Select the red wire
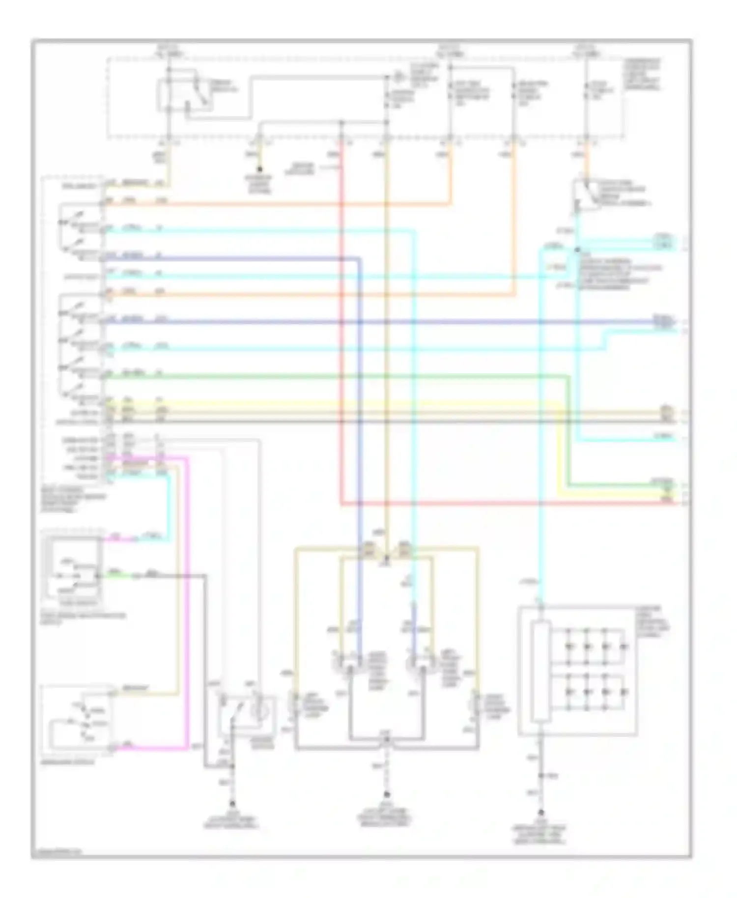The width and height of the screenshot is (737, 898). (340, 344)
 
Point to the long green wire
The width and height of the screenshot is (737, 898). (344, 376)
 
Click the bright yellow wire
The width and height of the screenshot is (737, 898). (344, 404)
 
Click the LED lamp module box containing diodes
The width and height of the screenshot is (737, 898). (578, 671)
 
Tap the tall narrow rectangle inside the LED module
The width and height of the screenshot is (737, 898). (540, 671)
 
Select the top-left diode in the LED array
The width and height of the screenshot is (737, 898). (569, 645)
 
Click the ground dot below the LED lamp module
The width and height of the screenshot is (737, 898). (541, 813)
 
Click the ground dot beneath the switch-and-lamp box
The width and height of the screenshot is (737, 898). (232, 804)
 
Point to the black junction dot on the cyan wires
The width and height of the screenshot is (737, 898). (578, 250)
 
